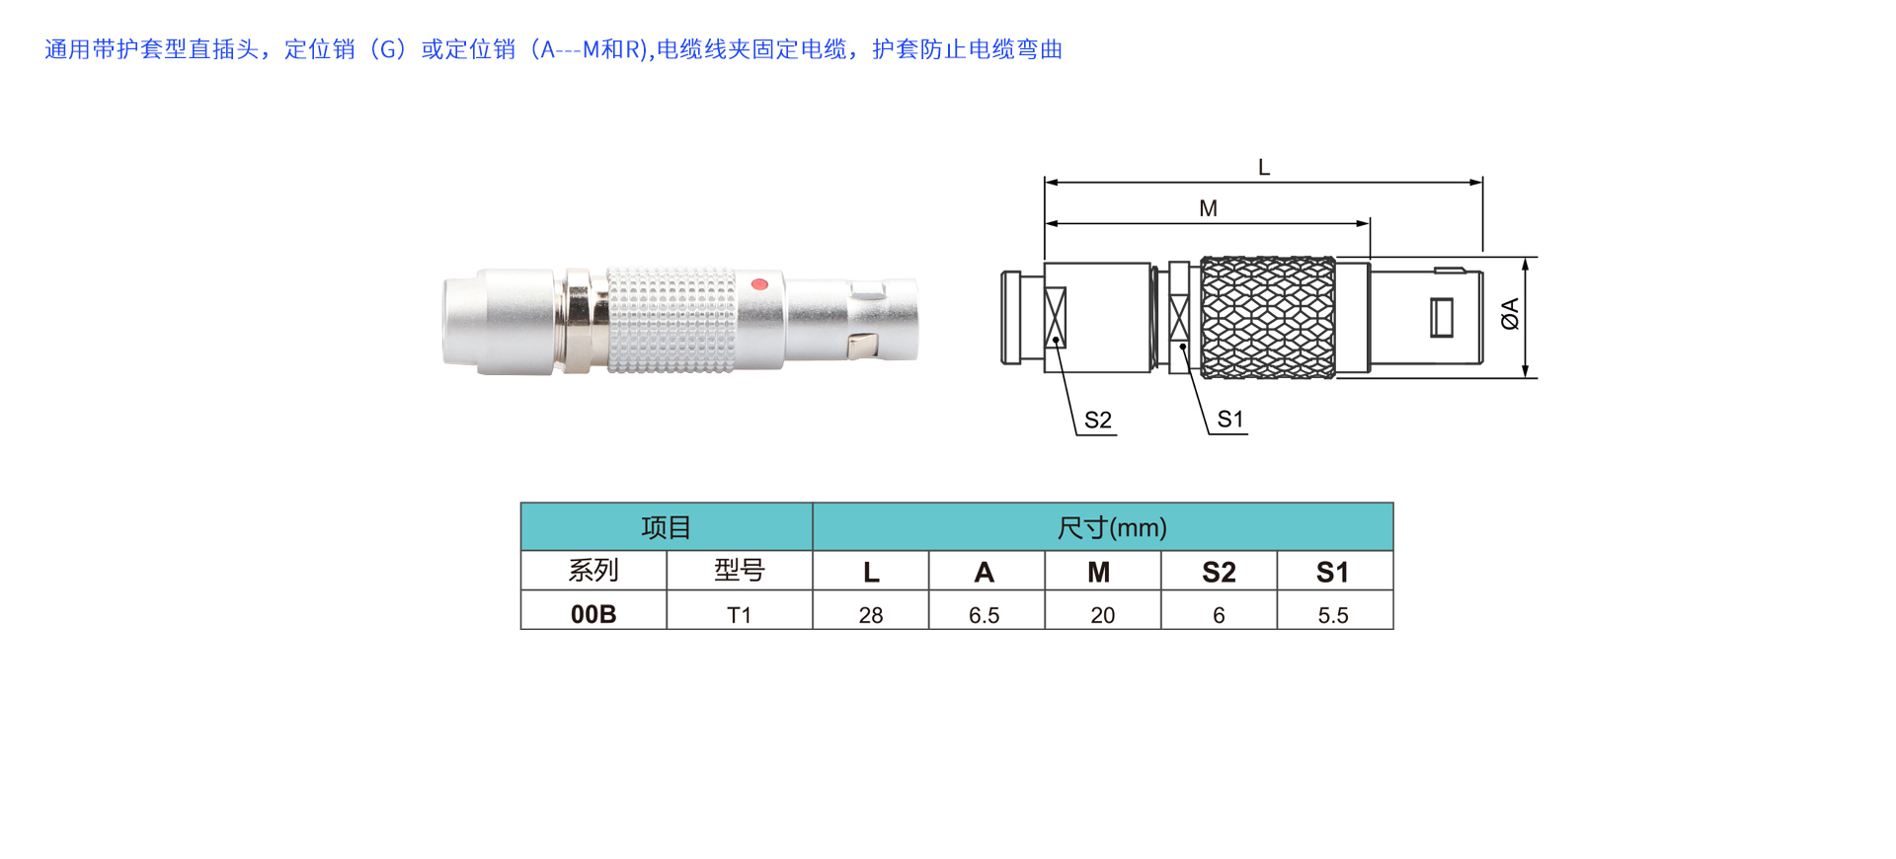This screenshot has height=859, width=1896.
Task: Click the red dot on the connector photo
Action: click(759, 284)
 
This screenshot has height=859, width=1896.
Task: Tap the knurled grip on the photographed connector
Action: click(671, 320)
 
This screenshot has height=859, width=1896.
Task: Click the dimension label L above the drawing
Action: click(1264, 168)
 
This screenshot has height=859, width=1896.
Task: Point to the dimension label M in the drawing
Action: click(1208, 208)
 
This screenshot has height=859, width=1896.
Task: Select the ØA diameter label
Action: click(1510, 314)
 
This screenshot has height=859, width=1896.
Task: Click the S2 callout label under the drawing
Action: click(1098, 420)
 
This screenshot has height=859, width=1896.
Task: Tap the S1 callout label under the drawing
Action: click(1230, 419)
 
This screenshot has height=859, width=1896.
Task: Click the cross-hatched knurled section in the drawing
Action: click(1268, 318)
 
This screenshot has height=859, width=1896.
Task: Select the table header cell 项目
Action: click(667, 527)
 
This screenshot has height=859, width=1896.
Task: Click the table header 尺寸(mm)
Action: click(1112, 527)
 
